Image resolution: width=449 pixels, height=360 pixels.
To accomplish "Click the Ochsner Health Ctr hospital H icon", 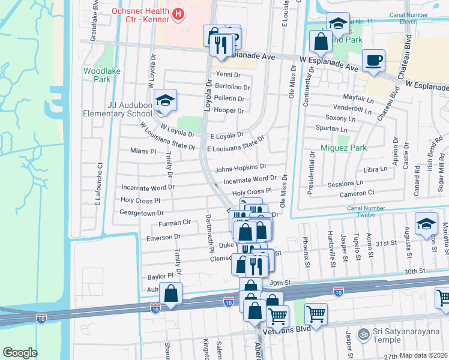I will coord(178,13).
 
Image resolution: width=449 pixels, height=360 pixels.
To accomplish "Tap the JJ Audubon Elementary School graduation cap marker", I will coord(164,100).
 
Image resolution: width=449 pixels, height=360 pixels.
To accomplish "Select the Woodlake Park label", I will coord(97,74).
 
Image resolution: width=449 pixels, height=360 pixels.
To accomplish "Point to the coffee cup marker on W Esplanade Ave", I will coord(373,60).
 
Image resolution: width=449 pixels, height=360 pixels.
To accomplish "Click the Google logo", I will coord(20,353).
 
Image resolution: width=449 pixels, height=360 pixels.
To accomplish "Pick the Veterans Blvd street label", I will coord(306,329).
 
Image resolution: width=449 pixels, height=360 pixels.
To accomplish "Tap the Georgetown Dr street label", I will coord(142,213).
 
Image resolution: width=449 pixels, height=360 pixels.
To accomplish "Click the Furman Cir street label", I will coord(174,223).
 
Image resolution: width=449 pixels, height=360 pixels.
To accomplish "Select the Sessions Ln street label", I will coord(345,183).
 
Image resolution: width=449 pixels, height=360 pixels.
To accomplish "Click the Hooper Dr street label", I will coord(229,110).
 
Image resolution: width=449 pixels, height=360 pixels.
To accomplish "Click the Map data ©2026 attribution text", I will coord(423,355).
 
